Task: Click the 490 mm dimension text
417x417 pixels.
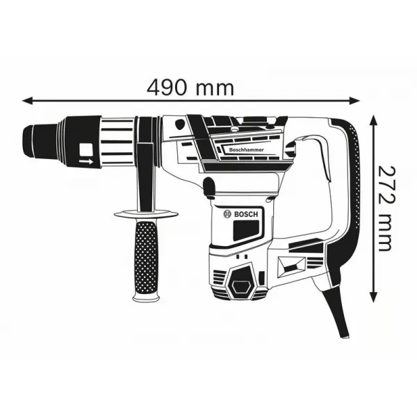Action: [190, 88]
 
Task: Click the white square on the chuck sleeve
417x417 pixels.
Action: [85, 149]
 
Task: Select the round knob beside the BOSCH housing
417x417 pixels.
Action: [208, 185]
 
